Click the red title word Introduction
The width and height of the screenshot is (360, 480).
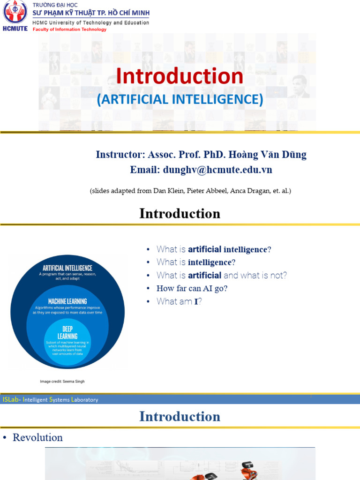tap(180, 76)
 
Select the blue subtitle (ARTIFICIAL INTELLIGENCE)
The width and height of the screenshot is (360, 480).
tap(180, 99)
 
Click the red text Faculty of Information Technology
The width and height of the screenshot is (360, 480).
tap(69, 30)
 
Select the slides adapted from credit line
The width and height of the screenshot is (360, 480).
tap(190, 191)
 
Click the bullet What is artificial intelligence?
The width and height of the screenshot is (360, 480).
tap(214, 249)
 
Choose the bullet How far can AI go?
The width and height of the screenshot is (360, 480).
tap(192, 288)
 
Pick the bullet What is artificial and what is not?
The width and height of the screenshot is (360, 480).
tap(222, 275)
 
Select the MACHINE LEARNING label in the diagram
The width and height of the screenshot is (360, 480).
tap(67, 301)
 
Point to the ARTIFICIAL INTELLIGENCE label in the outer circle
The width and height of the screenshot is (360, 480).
tap(67, 268)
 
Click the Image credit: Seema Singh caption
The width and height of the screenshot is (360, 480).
tap(62, 382)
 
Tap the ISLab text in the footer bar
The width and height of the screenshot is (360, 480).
tap(11, 400)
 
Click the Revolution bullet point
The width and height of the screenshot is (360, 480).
tap(37, 437)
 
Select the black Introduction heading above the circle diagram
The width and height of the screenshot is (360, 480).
tap(180, 214)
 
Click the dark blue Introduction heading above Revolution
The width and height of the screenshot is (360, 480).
tap(180, 416)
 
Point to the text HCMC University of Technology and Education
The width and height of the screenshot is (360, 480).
tap(90, 22)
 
